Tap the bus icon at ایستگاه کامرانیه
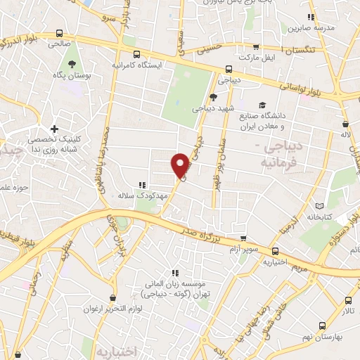coord(136,53)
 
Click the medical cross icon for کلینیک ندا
coord(55,129)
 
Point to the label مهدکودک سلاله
coord(141,195)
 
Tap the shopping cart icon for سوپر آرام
coord(243,239)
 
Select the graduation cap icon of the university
coord(262,105)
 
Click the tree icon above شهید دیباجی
coord(213,97)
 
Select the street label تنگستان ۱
coord(304,50)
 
